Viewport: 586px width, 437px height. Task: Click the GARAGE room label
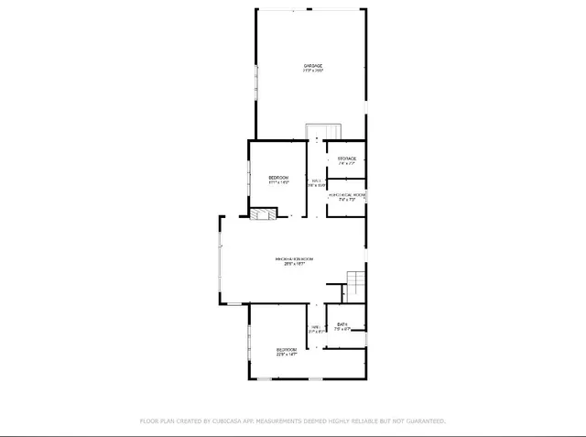(x=313, y=65)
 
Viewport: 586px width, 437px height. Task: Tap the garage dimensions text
(x=313, y=71)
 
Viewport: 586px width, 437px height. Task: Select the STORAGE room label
(x=346, y=159)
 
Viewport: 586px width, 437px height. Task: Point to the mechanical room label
(x=347, y=195)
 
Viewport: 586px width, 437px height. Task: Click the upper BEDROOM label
(x=278, y=177)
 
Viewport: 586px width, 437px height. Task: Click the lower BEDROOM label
(x=287, y=349)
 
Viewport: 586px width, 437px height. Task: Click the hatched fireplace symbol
(x=262, y=214)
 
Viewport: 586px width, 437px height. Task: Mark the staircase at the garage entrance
(x=322, y=132)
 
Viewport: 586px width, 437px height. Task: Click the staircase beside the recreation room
(x=354, y=283)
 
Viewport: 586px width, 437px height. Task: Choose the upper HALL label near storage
(x=317, y=180)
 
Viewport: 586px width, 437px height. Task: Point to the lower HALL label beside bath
(x=315, y=327)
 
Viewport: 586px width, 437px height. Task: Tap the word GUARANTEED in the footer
(x=419, y=421)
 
